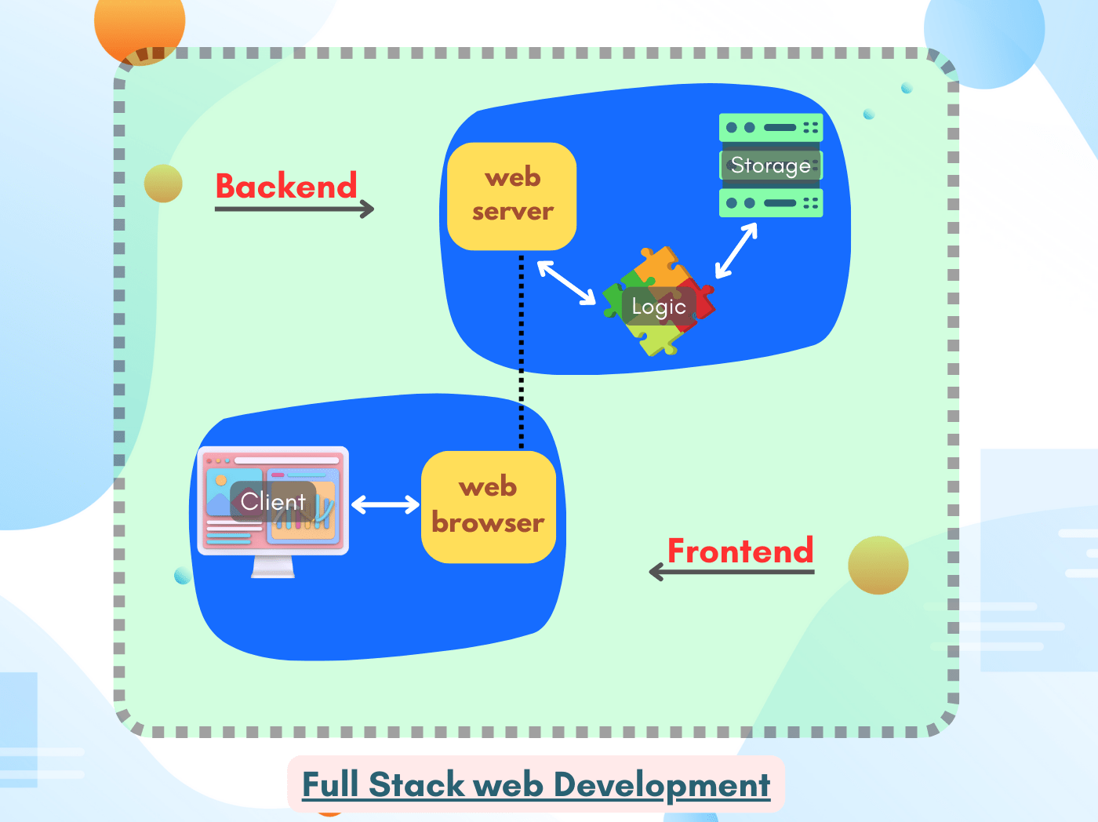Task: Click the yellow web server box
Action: (512, 196)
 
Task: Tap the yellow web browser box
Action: (489, 506)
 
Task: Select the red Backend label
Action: (286, 187)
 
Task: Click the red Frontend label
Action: (740, 551)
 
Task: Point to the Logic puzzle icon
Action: (659, 302)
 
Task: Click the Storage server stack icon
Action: (771, 165)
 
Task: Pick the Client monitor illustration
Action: (273, 502)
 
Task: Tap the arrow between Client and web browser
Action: (385, 504)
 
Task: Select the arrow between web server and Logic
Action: (566, 282)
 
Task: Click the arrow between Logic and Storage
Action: (736, 251)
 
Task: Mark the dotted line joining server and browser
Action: (522, 353)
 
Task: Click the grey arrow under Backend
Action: (295, 209)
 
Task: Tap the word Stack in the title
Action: (416, 785)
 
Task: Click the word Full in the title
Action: (330, 785)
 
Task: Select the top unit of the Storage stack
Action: (771, 127)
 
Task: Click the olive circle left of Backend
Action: (163, 184)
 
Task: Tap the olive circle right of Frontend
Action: (878, 565)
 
